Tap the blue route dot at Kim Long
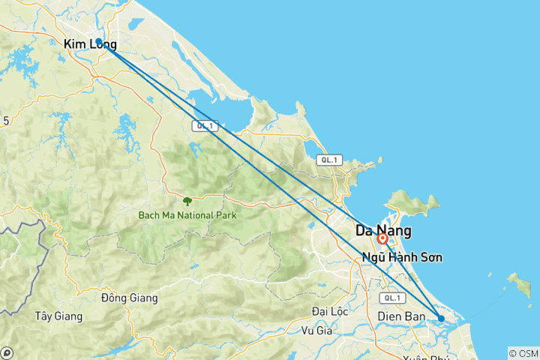click(99, 41)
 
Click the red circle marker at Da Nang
click(382, 239)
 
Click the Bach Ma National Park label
click(187, 215)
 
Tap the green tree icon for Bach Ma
click(187, 201)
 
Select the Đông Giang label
click(129, 298)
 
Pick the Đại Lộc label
click(331, 311)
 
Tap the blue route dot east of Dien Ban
click(441, 319)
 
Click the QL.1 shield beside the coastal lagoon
click(203, 126)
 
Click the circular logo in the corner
click(6, 352)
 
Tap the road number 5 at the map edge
click(5, 120)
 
